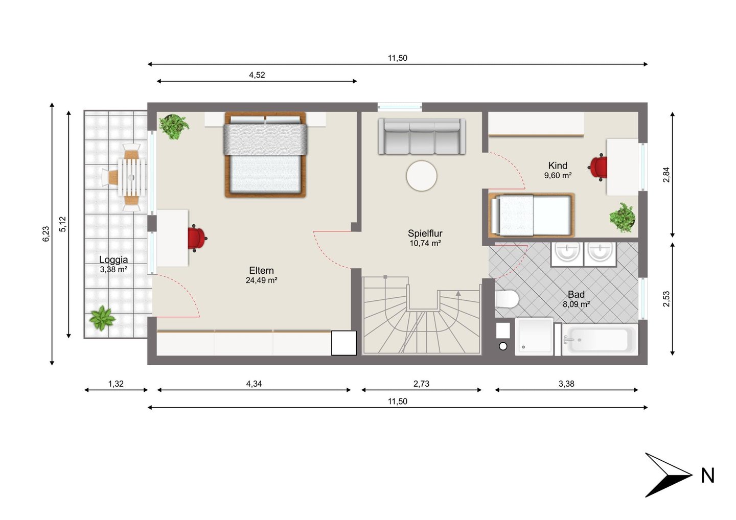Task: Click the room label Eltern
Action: coord(261,271)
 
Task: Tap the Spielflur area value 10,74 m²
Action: coord(425,243)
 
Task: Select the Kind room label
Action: coord(558,166)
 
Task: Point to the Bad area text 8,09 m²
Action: coord(576,304)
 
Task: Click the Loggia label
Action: coord(113,259)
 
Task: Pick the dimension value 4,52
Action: coord(257,75)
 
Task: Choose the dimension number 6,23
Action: coord(46,234)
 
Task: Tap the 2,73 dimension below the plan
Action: coord(421,384)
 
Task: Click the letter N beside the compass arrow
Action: coord(707,476)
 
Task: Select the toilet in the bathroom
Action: coord(507,299)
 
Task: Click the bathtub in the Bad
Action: coord(600,340)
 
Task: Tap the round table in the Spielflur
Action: coord(421,176)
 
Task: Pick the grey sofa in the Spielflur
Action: coord(422,136)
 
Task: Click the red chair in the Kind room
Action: coord(597,168)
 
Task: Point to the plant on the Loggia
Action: coord(102,318)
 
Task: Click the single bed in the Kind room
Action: coord(532,215)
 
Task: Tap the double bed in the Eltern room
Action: coord(265,155)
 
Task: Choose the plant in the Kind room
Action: coord(622,218)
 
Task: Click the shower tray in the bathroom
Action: coord(534,336)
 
